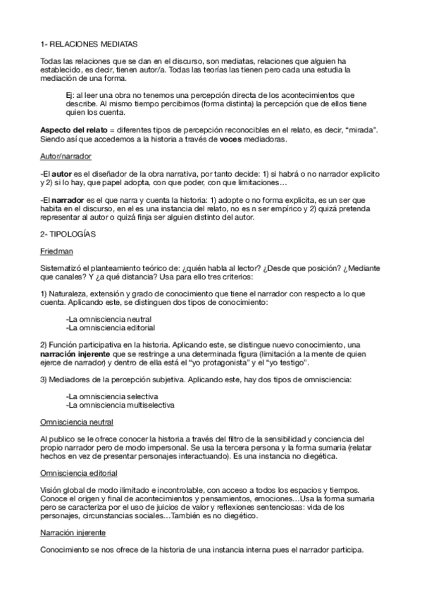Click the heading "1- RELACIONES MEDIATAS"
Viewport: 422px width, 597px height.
pos(85,43)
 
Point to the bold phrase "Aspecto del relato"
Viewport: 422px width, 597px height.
pos(73,130)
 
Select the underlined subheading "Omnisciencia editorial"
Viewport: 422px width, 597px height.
pos(79,473)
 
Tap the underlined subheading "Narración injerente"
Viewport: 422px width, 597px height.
pos(73,534)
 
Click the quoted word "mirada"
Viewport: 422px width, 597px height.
pos(359,130)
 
